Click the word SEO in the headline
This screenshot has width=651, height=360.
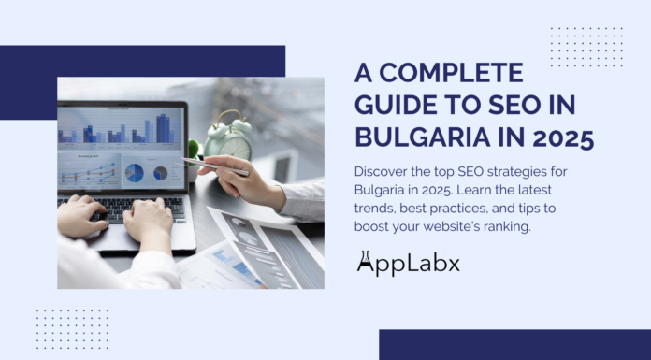[509, 106]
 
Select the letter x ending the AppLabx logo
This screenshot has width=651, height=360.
[452, 266]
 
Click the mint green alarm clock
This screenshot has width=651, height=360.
[228, 139]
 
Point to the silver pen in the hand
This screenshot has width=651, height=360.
[216, 167]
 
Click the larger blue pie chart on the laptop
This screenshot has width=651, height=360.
[135, 173]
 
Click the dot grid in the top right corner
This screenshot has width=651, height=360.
[586, 47]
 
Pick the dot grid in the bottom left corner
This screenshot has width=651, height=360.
[72, 328]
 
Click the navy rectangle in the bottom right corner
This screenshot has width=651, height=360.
[514, 344]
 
